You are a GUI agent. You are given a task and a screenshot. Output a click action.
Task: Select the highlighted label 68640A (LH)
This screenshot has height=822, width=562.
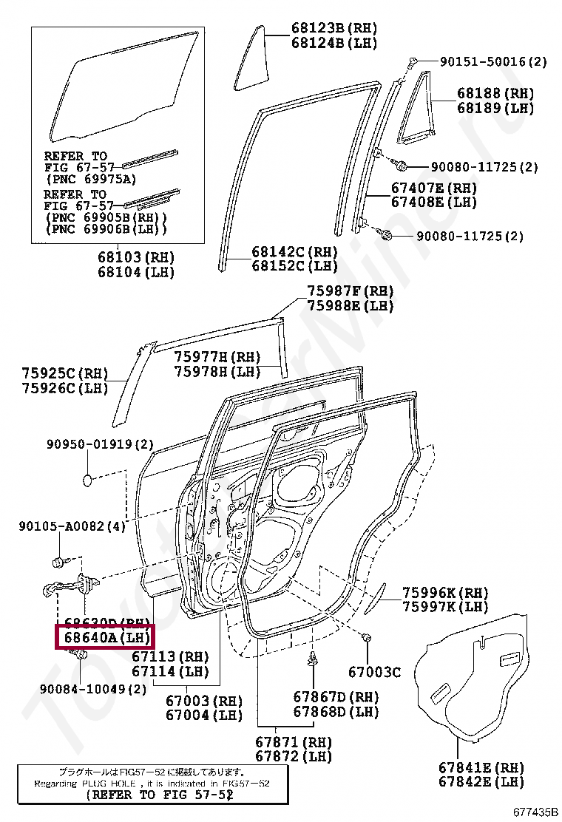tap(104, 636)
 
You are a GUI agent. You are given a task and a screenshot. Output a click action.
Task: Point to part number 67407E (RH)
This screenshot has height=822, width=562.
tap(433, 188)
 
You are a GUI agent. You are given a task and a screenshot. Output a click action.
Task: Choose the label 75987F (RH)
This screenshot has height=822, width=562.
tap(351, 291)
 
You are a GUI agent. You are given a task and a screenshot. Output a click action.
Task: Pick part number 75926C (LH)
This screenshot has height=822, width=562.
tap(65, 387)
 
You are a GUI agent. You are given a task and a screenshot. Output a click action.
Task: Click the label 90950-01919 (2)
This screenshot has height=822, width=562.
tap(100, 444)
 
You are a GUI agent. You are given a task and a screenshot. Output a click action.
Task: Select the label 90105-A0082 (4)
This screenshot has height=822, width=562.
tap(72, 526)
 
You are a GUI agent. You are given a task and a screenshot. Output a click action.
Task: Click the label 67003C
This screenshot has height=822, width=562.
tap(374, 672)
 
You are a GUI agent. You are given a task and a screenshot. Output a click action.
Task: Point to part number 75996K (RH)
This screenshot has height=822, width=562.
tap(445, 592)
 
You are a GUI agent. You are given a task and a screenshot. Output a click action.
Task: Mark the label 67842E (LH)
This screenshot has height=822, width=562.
tap(481, 781)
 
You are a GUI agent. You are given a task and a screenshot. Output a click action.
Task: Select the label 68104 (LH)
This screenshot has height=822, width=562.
tap(135, 272)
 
